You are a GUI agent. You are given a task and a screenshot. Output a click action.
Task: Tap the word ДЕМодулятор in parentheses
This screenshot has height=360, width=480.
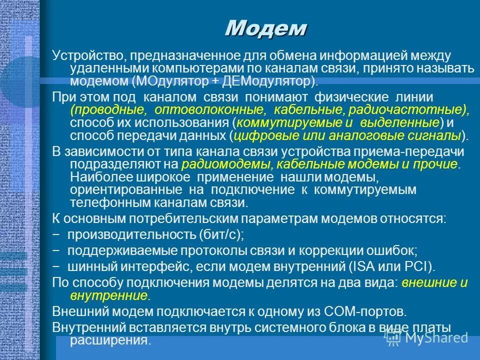[271, 81]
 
